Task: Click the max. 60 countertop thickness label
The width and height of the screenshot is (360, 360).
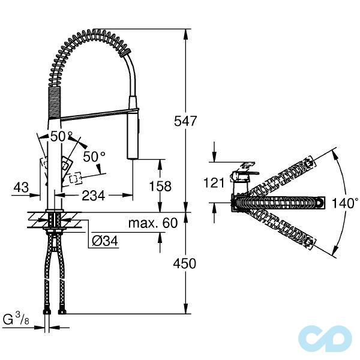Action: pos(153,224)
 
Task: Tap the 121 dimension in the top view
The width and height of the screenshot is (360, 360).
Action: pos(214,183)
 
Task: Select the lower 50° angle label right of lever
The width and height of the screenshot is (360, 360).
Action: pos(94,157)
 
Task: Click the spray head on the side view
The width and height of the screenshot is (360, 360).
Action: pos(133,135)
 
